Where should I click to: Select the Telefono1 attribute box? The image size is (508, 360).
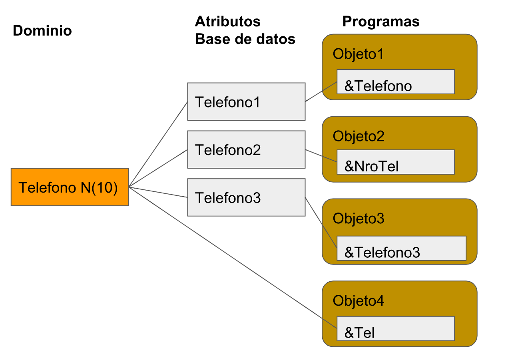click(246, 101)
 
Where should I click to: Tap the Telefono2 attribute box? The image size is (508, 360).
click(246, 149)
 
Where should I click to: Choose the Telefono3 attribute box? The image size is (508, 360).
click(246, 197)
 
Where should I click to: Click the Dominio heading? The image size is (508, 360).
click(42, 31)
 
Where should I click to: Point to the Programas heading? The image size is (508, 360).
click(381, 22)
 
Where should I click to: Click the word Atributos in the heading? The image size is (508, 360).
click(227, 22)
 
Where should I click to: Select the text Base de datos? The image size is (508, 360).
click(245, 39)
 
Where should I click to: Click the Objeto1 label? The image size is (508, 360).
click(358, 54)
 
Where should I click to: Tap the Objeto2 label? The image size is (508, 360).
click(358, 136)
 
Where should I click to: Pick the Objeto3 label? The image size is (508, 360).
click(358, 219)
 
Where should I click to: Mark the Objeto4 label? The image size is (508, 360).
click(358, 301)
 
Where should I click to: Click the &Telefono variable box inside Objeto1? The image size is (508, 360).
click(395, 82)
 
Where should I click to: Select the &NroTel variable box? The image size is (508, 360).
click(395, 162)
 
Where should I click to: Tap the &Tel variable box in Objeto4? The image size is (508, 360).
click(395, 328)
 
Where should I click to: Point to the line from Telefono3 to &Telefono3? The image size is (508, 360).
click(321, 223)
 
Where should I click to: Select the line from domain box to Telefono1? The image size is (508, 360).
click(158, 144)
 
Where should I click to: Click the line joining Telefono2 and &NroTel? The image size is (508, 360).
click(321, 156)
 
